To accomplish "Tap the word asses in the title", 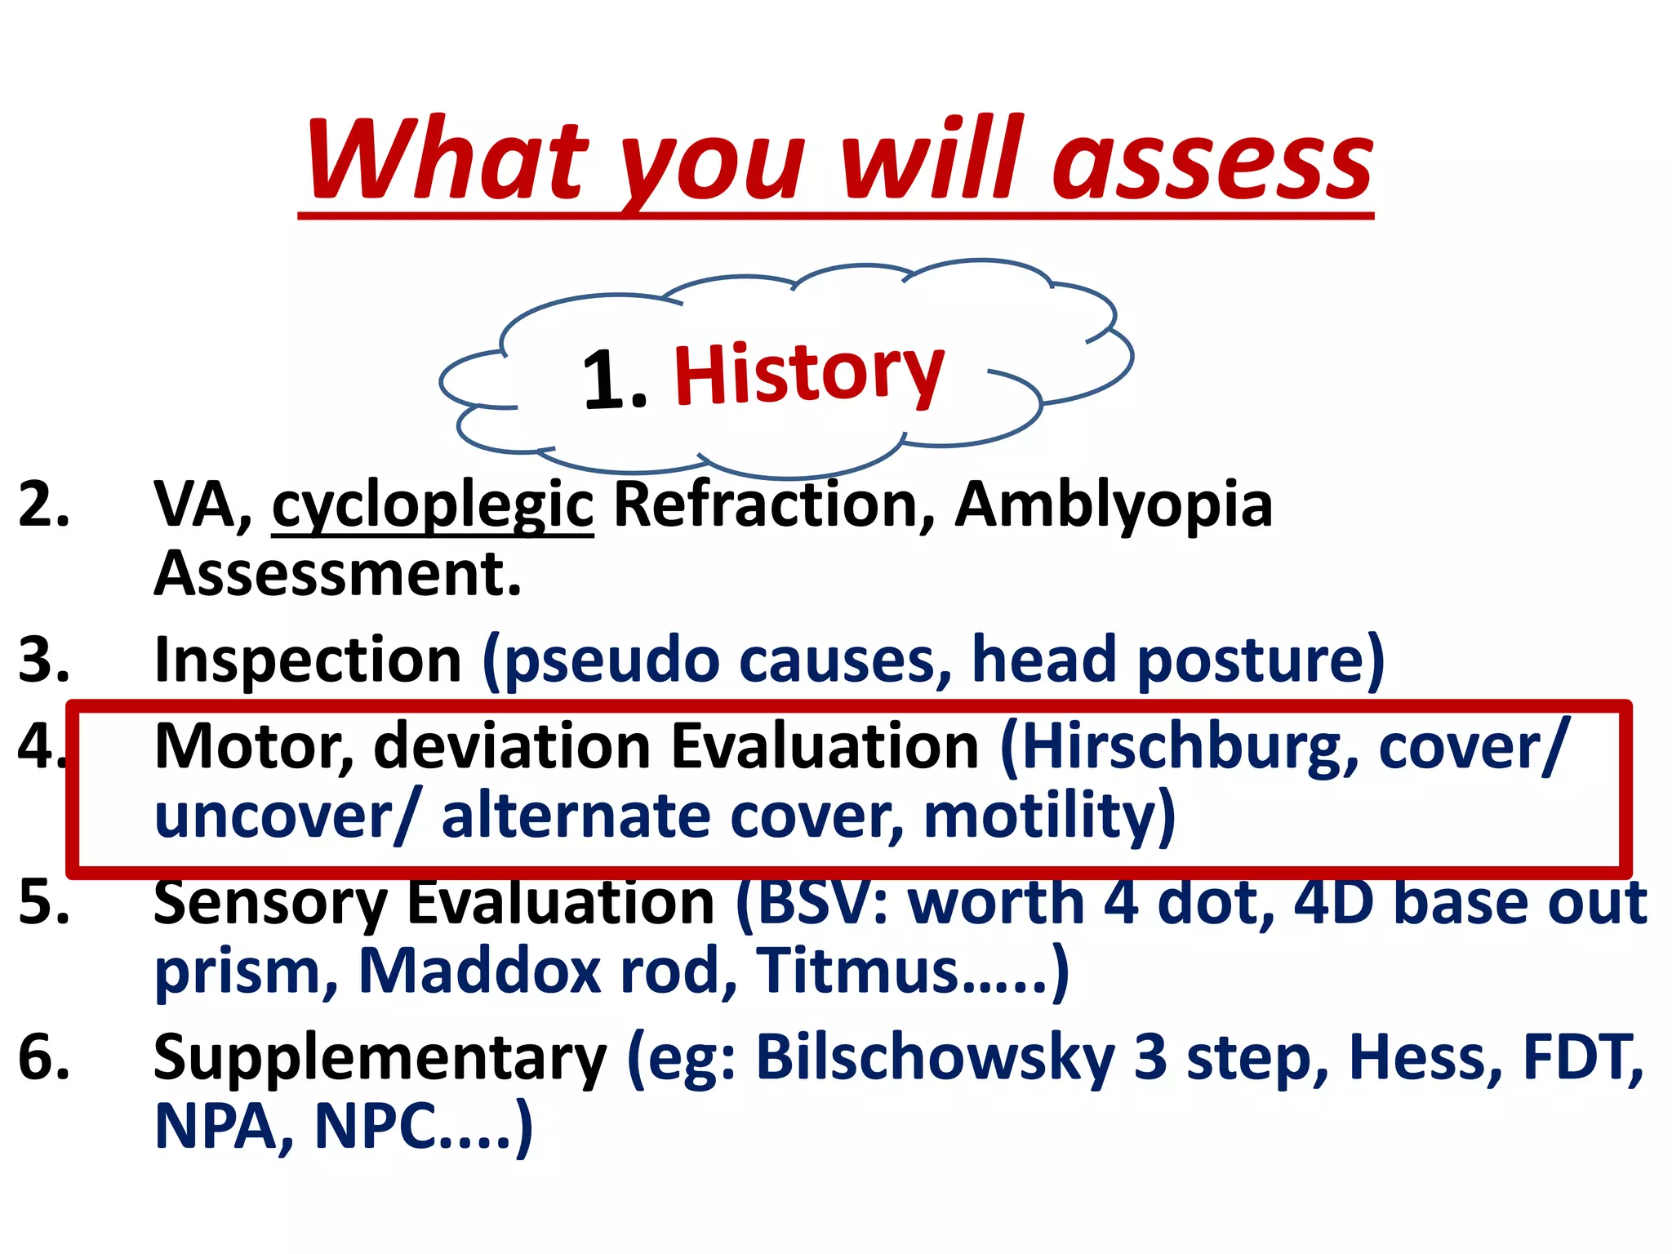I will click(x=1212, y=163).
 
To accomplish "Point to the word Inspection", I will click(x=309, y=660).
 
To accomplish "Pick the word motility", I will click(x=1040, y=816).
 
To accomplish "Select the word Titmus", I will click(x=857, y=972).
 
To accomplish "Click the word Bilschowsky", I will click(x=935, y=1058).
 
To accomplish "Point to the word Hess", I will click(x=1425, y=1058).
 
